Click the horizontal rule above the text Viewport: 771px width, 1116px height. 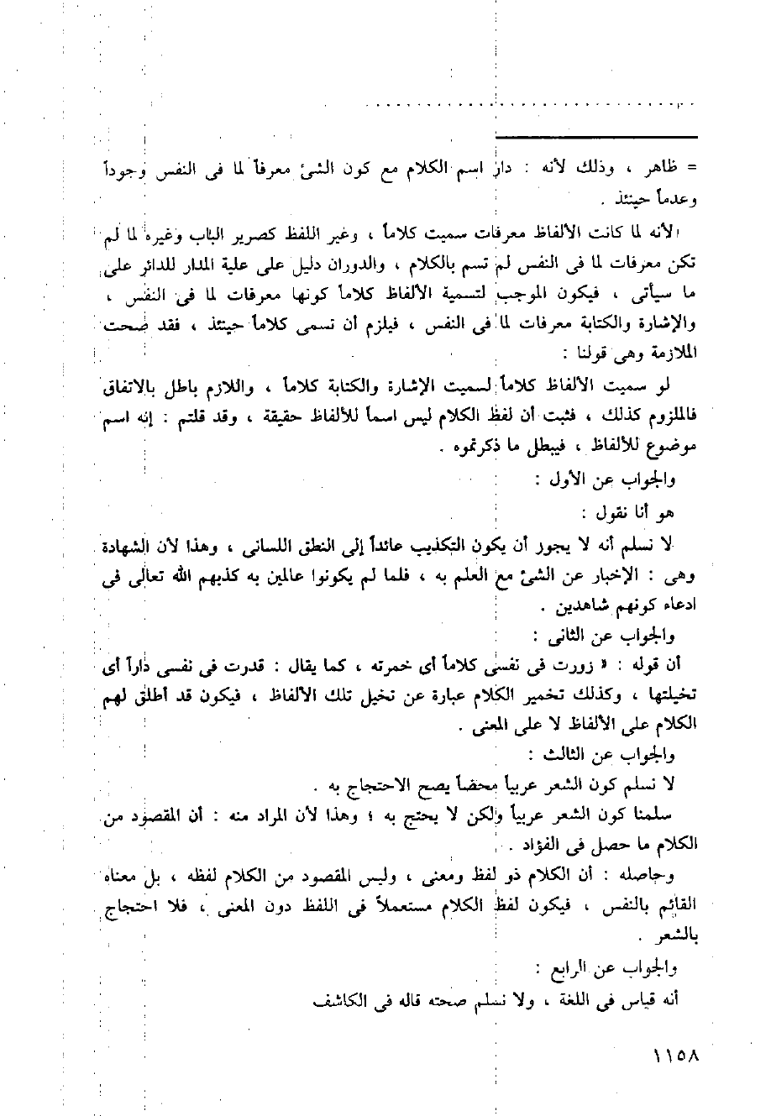(596, 137)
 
